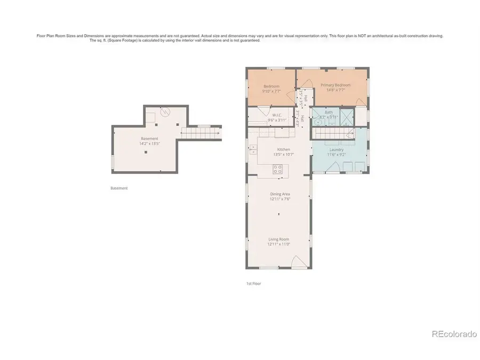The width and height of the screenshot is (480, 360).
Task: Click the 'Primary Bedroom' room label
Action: pos(335,85)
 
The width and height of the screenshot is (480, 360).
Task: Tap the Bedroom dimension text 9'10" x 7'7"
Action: pos(271,91)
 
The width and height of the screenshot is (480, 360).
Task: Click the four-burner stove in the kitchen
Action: pos(277,169)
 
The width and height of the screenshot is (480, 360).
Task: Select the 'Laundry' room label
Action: pos(337,149)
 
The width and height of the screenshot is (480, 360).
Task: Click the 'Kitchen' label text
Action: pos(283,149)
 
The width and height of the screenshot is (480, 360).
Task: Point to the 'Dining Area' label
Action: pos(279,194)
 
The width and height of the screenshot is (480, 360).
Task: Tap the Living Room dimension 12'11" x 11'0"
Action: pos(278,244)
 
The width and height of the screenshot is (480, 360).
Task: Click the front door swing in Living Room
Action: pos(299,261)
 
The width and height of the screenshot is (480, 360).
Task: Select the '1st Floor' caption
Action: pos(254,284)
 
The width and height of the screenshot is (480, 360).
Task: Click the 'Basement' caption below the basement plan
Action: pos(119,188)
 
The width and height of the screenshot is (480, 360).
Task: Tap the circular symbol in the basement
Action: pos(165,113)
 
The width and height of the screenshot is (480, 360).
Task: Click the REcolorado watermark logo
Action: pos(453,334)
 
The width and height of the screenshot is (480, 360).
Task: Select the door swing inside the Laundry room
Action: pos(332,168)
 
